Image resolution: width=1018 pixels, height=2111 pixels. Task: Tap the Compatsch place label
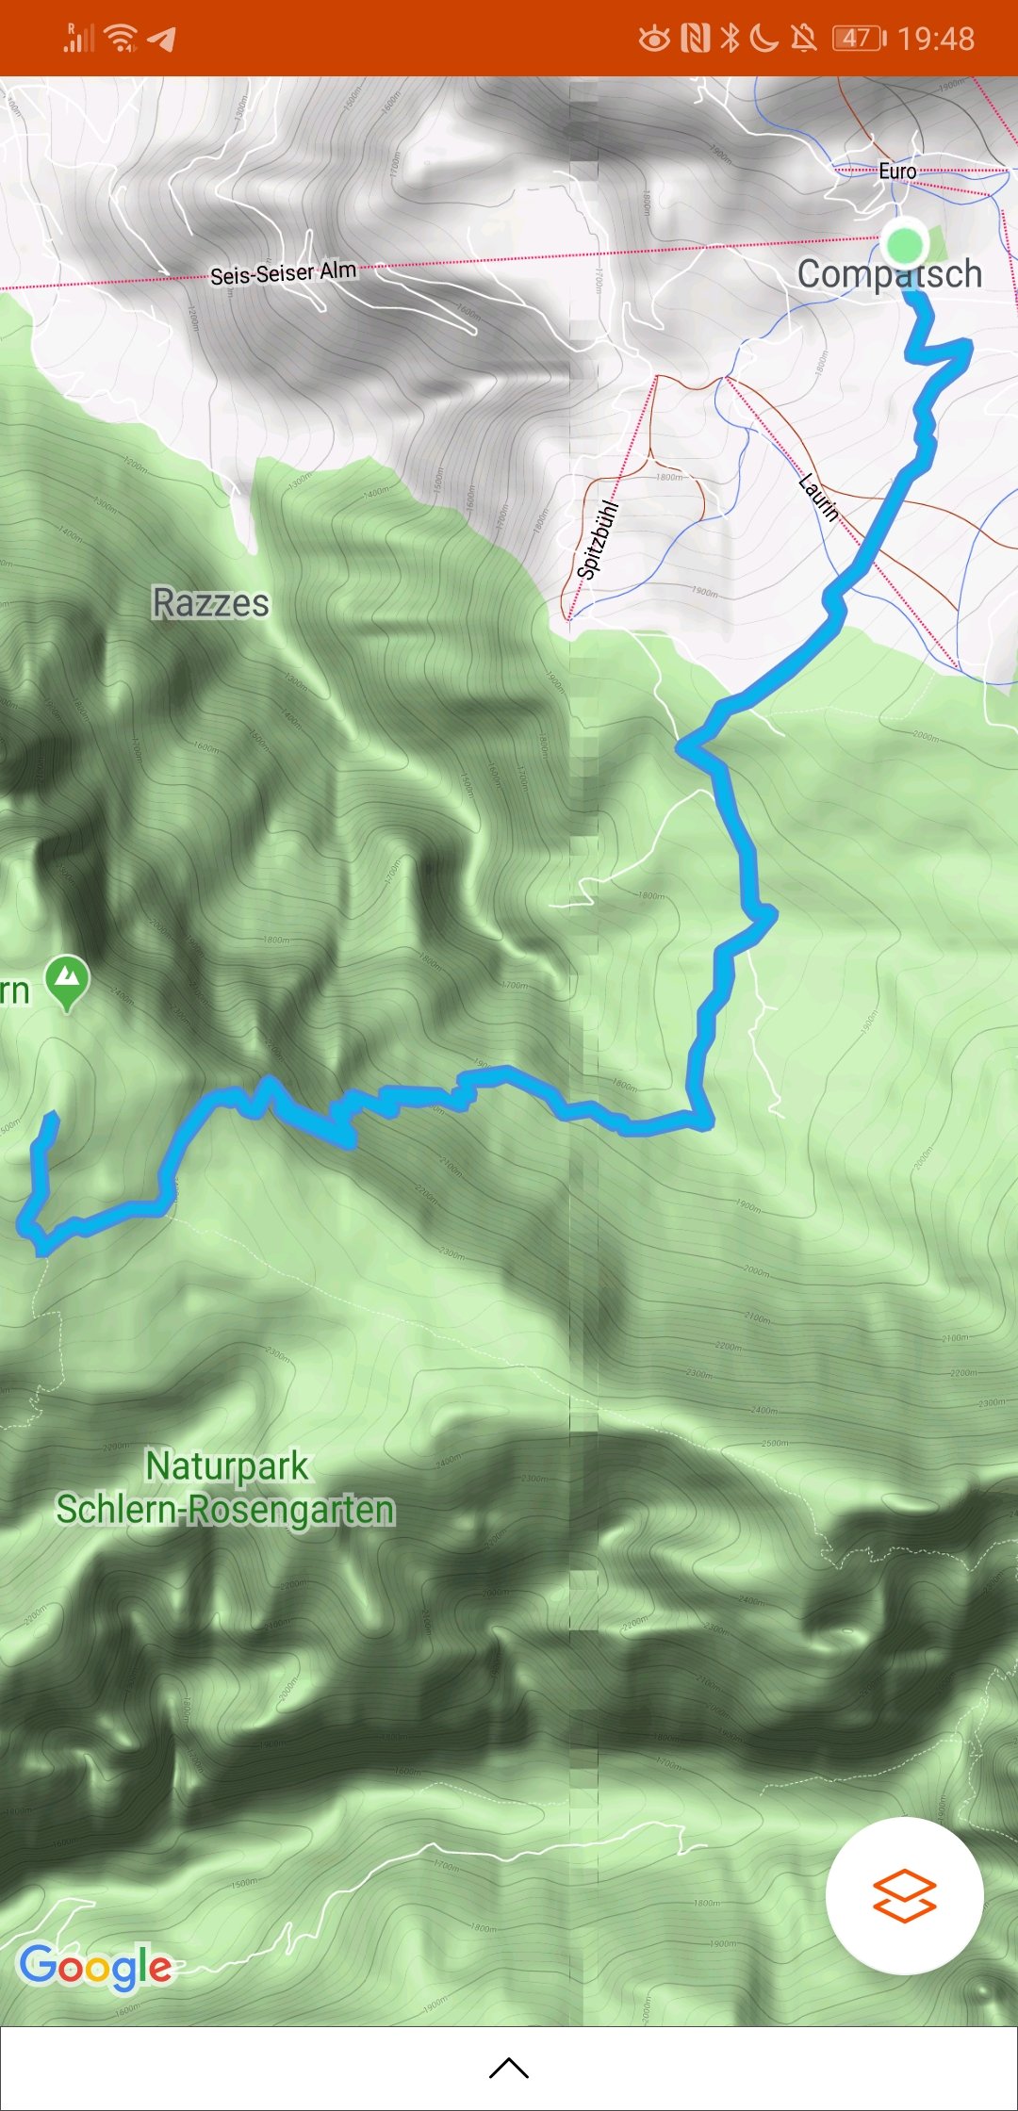[x=890, y=274]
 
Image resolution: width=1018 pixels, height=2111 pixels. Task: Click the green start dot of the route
[x=905, y=244]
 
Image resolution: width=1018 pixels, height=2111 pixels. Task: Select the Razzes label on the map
[x=211, y=603]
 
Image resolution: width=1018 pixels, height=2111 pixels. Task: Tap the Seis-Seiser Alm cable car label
[x=283, y=273]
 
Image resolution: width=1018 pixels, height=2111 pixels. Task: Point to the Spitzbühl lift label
[x=599, y=540]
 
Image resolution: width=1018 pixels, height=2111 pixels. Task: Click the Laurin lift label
[x=818, y=498]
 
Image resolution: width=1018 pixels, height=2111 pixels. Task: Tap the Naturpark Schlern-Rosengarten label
[x=226, y=1488]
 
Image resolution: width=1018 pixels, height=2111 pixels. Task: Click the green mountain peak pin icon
[x=67, y=981]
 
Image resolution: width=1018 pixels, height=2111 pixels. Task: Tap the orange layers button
[x=905, y=1895]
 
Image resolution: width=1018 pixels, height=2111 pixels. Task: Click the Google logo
[x=95, y=1966]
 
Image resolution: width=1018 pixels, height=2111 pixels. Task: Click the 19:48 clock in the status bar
[x=936, y=39]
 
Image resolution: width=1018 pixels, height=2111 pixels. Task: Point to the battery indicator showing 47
[x=859, y=39]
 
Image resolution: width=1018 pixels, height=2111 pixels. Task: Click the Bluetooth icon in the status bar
[x=730, y=39]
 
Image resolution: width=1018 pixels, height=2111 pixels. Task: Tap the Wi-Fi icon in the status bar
[x=122, y=39]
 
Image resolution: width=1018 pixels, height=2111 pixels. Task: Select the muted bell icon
[x=803, y=39]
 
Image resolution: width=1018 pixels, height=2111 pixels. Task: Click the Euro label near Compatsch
[x=897, y=172]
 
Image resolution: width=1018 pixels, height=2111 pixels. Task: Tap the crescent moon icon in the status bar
[x=763, y=39]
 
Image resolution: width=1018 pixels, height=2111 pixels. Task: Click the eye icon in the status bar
[x=654, y=39]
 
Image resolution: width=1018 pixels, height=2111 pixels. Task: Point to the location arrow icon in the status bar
[x=163, y=39]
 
